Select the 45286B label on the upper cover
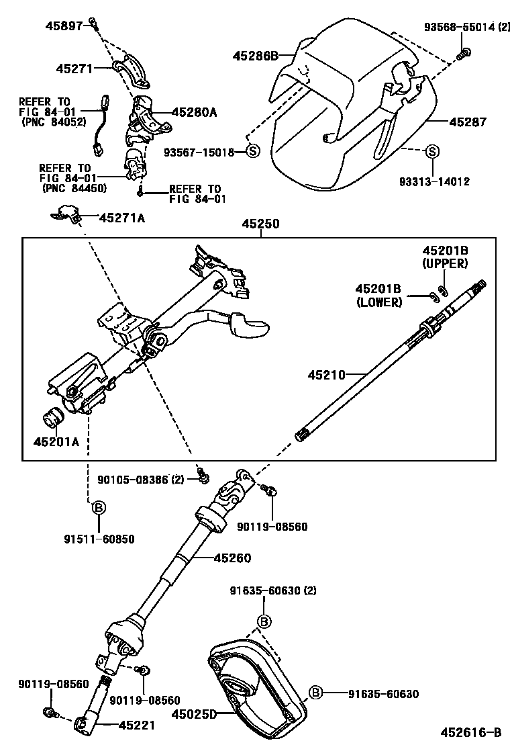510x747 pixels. click(255, 56)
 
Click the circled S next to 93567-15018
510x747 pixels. click(252, 152)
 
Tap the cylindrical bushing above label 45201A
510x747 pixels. click(53, 418)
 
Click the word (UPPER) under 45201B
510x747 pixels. click(445, 264)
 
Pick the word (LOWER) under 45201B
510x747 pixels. click(379, 302)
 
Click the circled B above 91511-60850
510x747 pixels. click(97, 507)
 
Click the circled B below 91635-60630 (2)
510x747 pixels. click(264, 621)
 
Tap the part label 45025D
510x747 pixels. click(195, 715)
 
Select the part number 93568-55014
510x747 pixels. click(454, 27)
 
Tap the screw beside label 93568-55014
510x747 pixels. click(462, 54)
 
